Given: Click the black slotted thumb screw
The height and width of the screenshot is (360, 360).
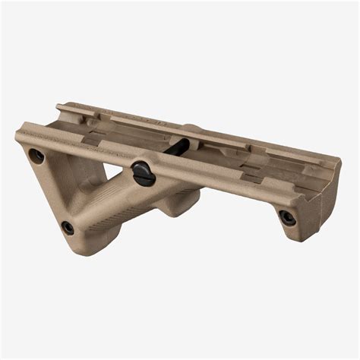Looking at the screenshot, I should coord(143,172).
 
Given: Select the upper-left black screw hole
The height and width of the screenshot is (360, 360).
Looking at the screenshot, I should coord(36,156).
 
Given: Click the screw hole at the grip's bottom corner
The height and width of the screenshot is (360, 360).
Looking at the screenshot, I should coord(68,227).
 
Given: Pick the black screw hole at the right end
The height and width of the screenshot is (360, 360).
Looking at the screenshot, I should coord(287,217).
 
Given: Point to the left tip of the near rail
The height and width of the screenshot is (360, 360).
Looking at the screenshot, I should coord(18,137).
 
